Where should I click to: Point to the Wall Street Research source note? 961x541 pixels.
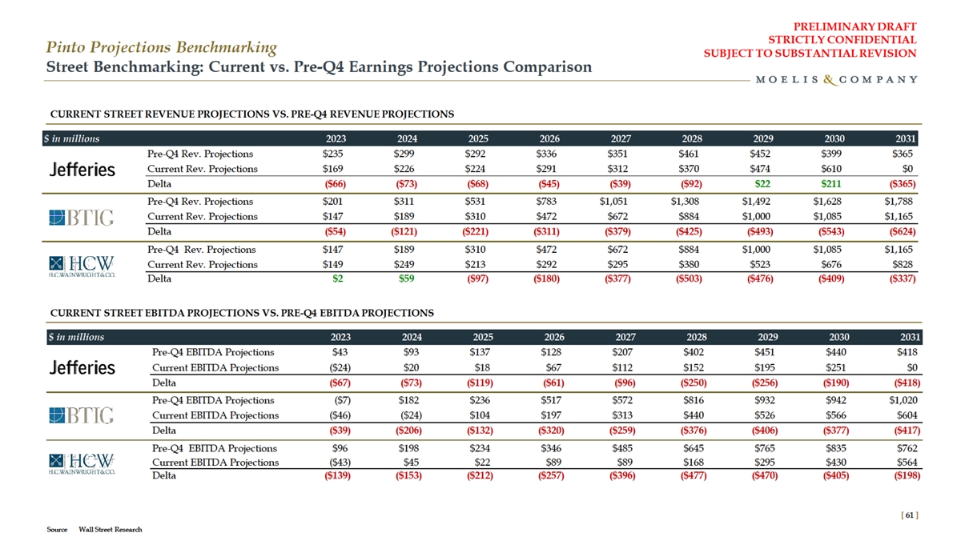[x=111, y=530]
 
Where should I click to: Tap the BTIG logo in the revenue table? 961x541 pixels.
[x=81, y=217]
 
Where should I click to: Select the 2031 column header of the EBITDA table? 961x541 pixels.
[x=908, y=337]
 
